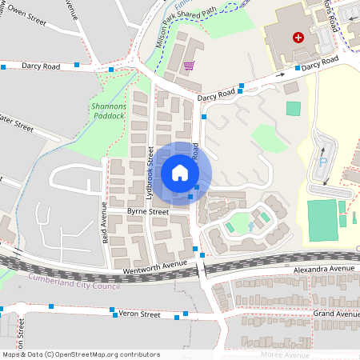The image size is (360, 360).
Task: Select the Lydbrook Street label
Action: point(150,172)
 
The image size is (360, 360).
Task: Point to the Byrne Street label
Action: point(147,211)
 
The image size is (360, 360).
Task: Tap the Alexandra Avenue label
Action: point(323,269)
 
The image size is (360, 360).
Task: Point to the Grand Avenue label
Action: point(336,314)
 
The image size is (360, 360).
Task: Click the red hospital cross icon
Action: point(298,38)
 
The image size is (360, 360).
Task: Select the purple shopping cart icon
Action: point(189,66)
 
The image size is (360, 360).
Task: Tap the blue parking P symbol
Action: point(323,161)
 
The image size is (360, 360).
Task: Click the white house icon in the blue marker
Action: point(180,173)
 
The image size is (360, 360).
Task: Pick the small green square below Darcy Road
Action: point(294,107)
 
